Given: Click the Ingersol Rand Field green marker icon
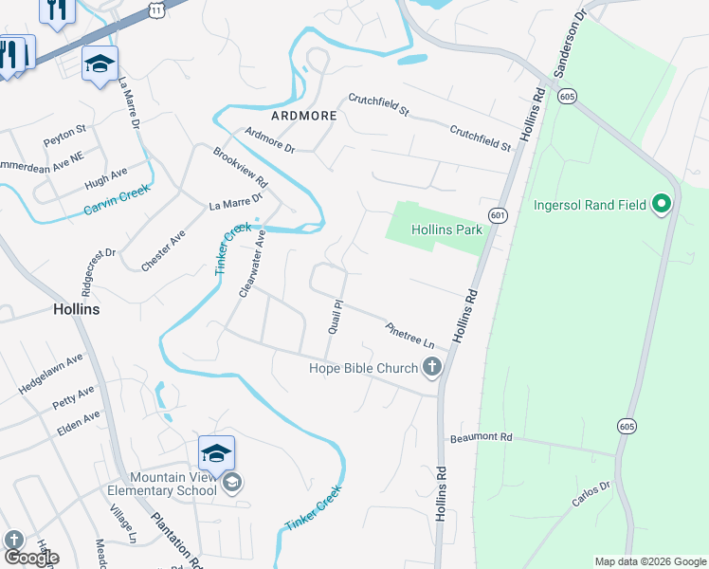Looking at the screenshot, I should tap(663, 204).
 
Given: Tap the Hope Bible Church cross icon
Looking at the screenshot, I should tap(432, 368).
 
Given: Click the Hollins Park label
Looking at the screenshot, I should tap(446, 229).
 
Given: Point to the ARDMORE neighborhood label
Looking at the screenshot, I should tap(304, 116).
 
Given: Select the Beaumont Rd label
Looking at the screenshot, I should tap(481, 437).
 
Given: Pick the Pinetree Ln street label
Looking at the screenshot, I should tap(409, 333).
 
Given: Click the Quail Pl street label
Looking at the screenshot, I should tap(334, 317).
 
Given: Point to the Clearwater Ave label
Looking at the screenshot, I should tap(251, 268).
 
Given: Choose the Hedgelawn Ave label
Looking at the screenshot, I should tap(51, 373).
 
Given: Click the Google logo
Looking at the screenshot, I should tap(30, 558).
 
